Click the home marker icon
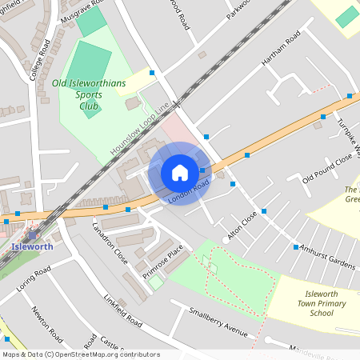pos(179,173)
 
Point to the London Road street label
pos(190,190)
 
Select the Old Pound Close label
pos(327,167)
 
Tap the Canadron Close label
pos(111,243)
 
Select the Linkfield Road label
pos(122,310)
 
